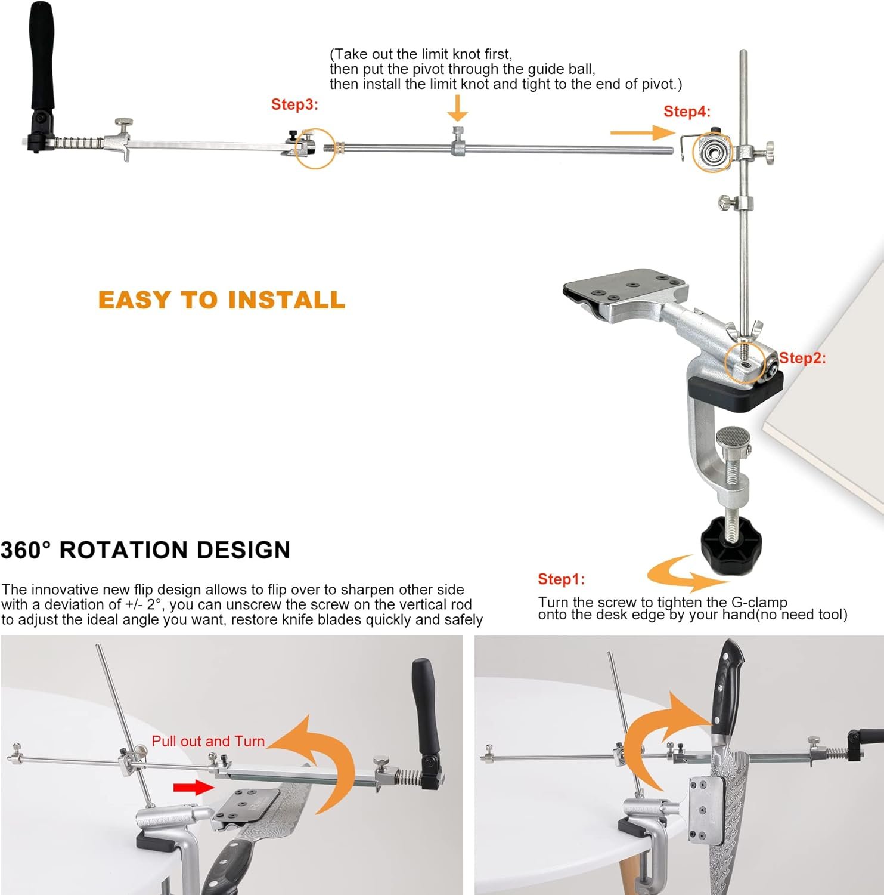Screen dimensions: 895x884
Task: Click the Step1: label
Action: [x=561, y=579]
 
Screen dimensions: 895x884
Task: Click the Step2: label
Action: [x=802, y=358]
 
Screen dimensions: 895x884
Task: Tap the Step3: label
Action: [x=294, y=104]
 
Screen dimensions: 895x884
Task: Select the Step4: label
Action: [x=687, y=112]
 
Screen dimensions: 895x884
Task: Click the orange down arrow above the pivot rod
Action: [x=457, y=108]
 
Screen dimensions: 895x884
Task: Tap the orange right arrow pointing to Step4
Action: [x=641, y=133]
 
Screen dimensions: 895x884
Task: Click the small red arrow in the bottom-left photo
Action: [x=193, y=788]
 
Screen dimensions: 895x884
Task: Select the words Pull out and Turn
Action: [x=207, y=741]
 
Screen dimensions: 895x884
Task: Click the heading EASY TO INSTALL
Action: [x=221, y=300]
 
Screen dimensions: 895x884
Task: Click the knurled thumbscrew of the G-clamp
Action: [x=733, y=441]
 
